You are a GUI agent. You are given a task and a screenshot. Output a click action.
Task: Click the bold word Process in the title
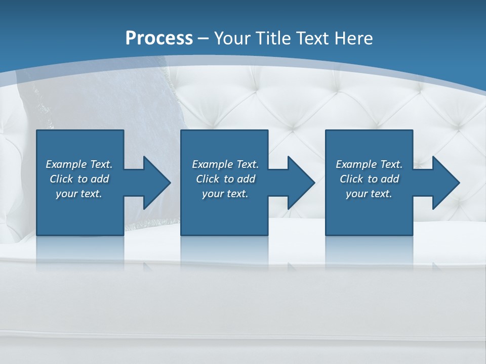pos(159,38)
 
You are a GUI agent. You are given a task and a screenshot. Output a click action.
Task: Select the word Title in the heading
pos(275,38)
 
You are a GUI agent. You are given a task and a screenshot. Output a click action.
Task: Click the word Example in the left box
pos(66,164)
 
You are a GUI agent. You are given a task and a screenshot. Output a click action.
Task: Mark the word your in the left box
pos(66,194)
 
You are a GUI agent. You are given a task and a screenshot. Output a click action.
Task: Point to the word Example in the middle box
pos(212,164)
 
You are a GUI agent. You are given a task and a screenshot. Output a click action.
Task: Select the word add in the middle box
pos(246,179)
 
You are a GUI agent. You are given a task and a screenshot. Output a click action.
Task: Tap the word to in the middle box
pos(229,179)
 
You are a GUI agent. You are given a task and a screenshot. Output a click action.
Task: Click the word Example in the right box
pos(356,164)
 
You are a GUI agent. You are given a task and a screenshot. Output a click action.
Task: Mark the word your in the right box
pos(356,194)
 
